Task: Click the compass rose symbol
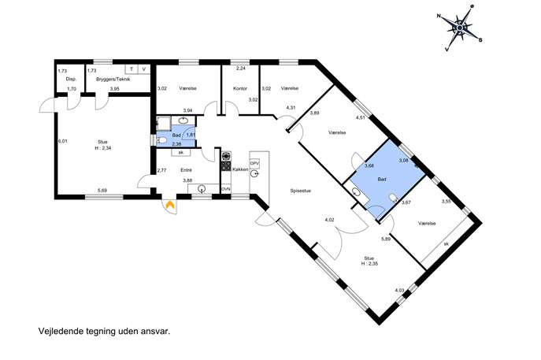click(x=460, y=28)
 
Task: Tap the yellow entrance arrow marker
click(x=170, y=205)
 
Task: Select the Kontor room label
click(x=240, y=88)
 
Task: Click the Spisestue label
click(x=301, y=191)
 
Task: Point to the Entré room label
click(x=186, y=170)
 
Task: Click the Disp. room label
click(x=71, y=79)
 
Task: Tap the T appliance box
click(x=131, y=69)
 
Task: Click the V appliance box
click(x=144, y=69)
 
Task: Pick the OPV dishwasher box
click(x=254, y=163)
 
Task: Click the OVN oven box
click(x=226, y=189)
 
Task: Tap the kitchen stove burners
click(x=226, y=161)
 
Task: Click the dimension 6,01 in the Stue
click(x=62, y=141)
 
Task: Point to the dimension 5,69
click(x=102, y=190)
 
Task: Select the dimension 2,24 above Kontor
click(x=240, y=69)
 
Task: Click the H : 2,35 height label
click(x=369, y=263)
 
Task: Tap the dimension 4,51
click(x=361, y=117)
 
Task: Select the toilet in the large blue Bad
click(x=393, y=198)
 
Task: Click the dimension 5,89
click(x=386, y=239)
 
